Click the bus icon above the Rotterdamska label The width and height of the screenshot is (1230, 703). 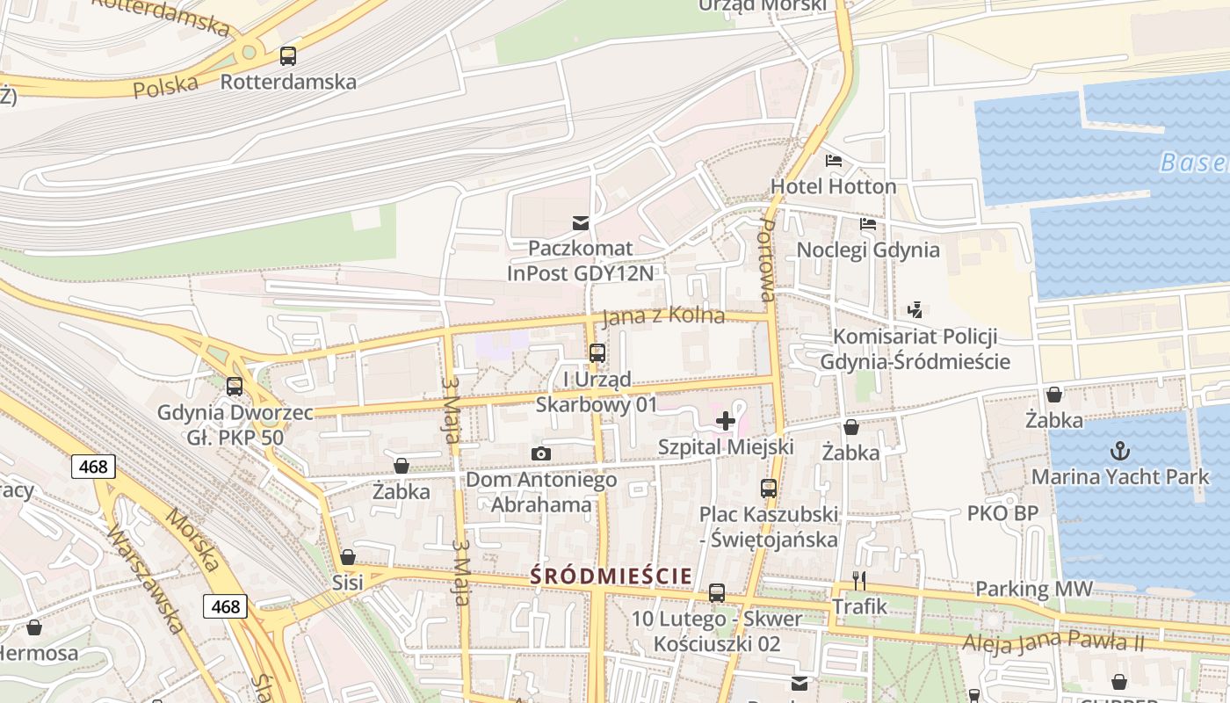[287, 56]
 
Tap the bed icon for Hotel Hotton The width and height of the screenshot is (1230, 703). [834, 161]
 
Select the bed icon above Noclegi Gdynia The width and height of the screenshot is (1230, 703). [868, 224]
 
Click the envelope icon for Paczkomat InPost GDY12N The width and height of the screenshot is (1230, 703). [580, 222]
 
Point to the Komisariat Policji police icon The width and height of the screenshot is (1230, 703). [915, 310]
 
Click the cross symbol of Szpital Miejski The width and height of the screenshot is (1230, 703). [726, 421]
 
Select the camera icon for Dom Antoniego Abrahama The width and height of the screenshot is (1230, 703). [541, 453]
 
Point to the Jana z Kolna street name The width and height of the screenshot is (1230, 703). [665, 315]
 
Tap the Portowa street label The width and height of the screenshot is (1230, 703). [766, 260]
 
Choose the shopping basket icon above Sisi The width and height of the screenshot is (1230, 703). [348, 557]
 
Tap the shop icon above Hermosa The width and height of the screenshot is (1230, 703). [34, 627]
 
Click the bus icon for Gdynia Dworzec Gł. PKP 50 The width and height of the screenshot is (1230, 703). [235, 386]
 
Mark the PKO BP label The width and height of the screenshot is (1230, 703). [1002, 512]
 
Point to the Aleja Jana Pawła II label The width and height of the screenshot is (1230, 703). [1053, 642]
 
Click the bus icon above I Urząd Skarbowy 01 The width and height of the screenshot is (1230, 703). [597, 353]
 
